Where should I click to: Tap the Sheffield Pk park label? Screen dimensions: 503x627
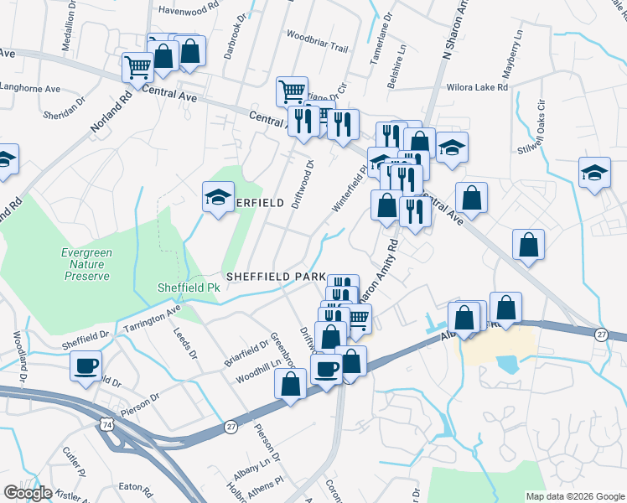click(x=189, y=288)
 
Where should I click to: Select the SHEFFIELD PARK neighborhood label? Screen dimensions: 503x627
click(x=273, y=276)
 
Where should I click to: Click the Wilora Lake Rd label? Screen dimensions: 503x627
click(x=479, y=86)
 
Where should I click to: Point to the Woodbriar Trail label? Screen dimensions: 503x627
click(x=317, y=48)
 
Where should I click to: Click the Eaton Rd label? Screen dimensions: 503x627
click(x=133, y=485)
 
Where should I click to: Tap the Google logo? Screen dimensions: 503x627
click(x=28, y=492)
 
